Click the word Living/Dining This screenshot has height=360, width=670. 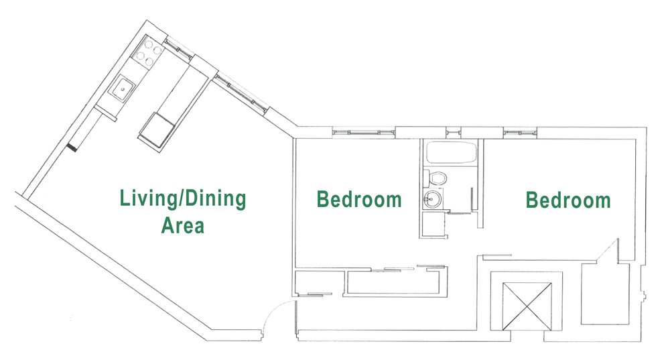(x=183, y=199)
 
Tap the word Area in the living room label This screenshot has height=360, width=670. (x=182, y=225)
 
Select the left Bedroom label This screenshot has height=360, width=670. (x=359, y=200)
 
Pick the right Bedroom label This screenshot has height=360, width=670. (x=568, y=200)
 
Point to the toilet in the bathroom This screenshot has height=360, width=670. (x=435, y=177)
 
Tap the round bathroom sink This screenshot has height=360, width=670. (x=432, y=199)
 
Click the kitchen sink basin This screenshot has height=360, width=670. (x=121, y=89)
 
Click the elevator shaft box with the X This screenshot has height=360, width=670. (x=527, y=306)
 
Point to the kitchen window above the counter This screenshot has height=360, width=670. (x=178, y=48)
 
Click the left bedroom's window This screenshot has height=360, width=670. (x=364, y=132)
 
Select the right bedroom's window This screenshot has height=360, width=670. (x=520, y=133)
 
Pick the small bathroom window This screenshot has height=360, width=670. (x=454, y=132)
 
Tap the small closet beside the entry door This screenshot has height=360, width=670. (x=318, y=282)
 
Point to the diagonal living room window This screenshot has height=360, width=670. (x=241, y=94)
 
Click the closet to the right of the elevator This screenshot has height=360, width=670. (x=604, y=294)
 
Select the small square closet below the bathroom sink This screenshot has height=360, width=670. (x=433, y=225)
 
